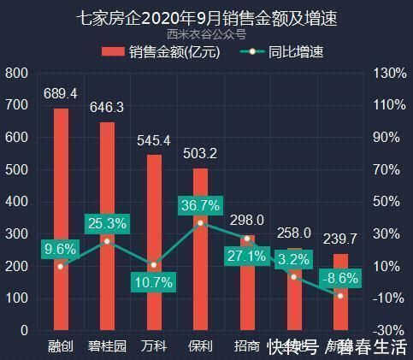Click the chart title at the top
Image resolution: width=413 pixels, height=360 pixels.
click(x=206, y=18)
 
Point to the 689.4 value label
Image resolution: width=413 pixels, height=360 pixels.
click(x=61, y=93)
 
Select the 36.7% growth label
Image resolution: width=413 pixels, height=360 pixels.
click(x=200, y=205)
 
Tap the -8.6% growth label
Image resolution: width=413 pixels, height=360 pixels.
click(x=340, y=278)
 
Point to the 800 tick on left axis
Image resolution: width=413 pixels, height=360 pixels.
click(x=16, y=74)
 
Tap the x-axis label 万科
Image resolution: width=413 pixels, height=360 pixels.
click(x=154, y=347)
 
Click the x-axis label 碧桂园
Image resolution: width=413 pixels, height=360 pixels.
click(x=107, y=347)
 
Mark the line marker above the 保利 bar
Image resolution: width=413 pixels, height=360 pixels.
click(x=200, y=222)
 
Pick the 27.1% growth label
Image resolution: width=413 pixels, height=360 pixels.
click(x=246, y=256)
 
